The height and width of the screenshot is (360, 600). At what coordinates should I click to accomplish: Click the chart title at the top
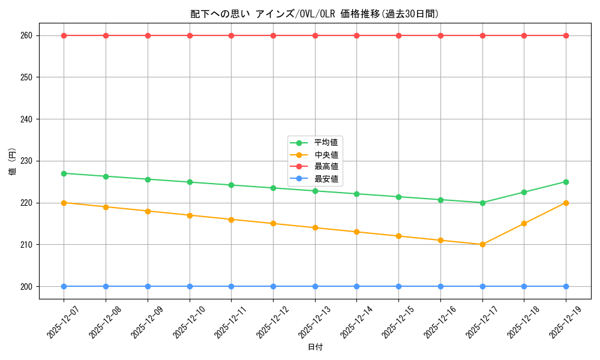[315, 14]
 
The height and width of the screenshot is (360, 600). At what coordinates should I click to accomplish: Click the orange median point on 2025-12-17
[482, 244]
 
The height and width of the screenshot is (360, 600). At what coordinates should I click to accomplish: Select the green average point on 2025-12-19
[566, 182]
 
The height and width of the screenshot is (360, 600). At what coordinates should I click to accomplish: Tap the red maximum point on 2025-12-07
[64, 35]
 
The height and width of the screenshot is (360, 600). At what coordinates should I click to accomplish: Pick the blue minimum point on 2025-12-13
[315, 286]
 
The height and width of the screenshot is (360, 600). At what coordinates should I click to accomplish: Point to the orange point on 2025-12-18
[524, 223]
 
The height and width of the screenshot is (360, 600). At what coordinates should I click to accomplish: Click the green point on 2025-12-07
[64, 173]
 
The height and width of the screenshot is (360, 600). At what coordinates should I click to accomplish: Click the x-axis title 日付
[315, 347]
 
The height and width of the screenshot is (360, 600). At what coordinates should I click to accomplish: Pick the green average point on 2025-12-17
[482, 203]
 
